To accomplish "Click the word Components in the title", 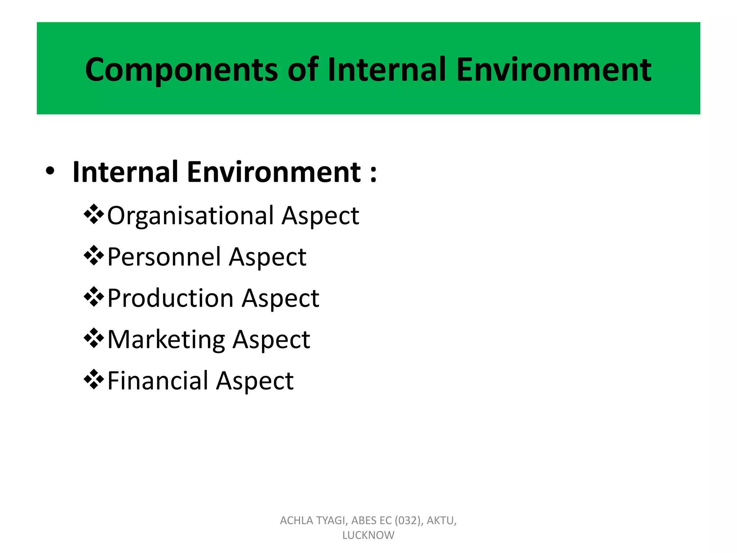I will point(181,70).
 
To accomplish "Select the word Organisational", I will point(190,216).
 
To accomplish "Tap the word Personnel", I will point(164,257).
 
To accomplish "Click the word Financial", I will point(158,381).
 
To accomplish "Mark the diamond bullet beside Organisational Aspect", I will point(94,214).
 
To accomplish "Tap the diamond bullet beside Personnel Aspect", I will point(94,256).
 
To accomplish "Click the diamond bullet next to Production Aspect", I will point(94,297).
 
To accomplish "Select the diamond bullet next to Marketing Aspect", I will point(94,338).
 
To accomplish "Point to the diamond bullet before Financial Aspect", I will point(94,379).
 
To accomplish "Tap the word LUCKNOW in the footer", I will point(368,535).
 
